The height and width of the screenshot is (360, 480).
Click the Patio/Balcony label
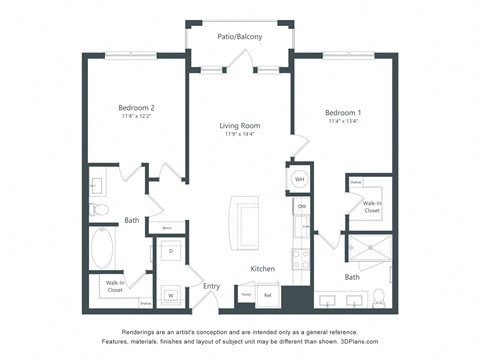(x=240, y=37)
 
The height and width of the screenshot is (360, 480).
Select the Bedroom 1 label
(x=343, y=113)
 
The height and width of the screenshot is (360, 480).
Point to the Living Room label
(x=240, y=125)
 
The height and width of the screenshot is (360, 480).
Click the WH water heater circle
(x=300, y=181)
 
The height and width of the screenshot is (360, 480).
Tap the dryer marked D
(x=170, y=251)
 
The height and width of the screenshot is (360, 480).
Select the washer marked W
(x=170, y=295)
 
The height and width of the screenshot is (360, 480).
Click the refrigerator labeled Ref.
(x=268, y=295)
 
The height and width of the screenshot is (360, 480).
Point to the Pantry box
(x=246, y=295)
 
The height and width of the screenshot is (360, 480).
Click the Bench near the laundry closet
(x=167, y=228)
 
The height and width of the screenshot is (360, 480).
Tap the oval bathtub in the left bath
(x=104, y=248)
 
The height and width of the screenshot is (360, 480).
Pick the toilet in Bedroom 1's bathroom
(x=378, y=297)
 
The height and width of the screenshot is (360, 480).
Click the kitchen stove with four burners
(x=301, y=258)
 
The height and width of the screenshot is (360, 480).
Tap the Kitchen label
(x=262, y=269)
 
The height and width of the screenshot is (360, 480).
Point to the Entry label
(x=212, y=286)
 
